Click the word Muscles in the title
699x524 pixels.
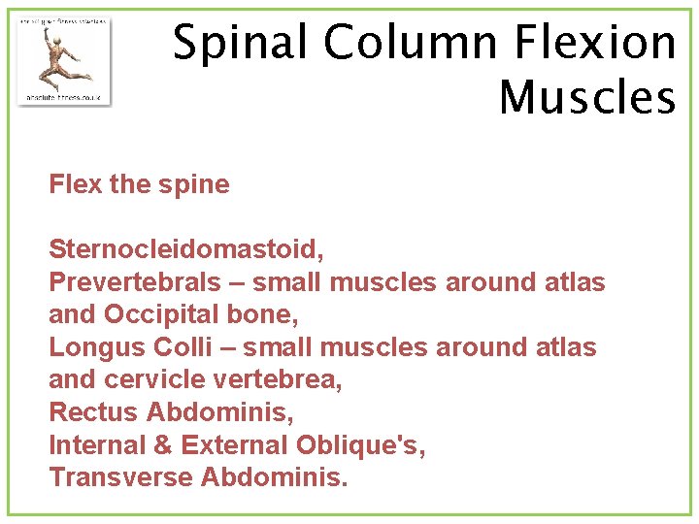coord(586,97)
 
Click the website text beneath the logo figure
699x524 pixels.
coord(64,98)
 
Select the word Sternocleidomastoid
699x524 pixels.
coord(186,249)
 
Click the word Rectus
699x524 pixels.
coord(93,412)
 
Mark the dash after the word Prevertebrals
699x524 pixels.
coord(232,283)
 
